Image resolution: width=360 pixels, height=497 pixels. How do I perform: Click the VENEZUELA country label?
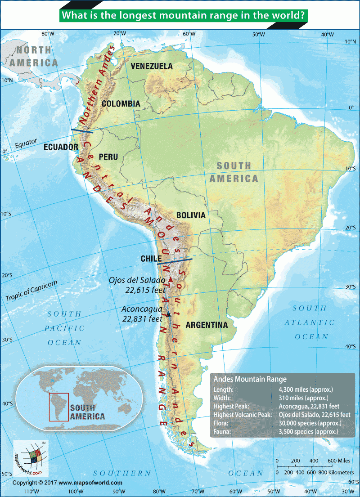[152, 66]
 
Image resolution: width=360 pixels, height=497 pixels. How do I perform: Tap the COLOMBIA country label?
[121, 104]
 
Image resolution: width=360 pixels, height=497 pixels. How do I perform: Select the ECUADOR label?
[61, 147]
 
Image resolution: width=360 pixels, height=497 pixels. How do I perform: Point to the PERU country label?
[108, 157]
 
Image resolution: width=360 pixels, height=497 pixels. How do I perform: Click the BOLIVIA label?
[191, 215]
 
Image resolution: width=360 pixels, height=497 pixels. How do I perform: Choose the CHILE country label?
[151, 259]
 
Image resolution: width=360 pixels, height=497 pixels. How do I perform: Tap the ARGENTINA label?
[207, 325]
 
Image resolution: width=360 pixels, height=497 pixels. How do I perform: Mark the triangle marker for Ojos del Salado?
[170, 280]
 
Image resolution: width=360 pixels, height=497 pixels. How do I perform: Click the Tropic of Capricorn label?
[32, 291]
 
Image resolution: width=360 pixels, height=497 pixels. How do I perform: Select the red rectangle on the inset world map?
[59, 407]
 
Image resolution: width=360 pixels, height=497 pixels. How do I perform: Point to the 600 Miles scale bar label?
[338, 461]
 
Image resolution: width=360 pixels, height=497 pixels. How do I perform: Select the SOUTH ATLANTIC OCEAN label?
[310, 322]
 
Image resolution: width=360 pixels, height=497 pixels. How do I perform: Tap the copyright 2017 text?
[67, 483]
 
